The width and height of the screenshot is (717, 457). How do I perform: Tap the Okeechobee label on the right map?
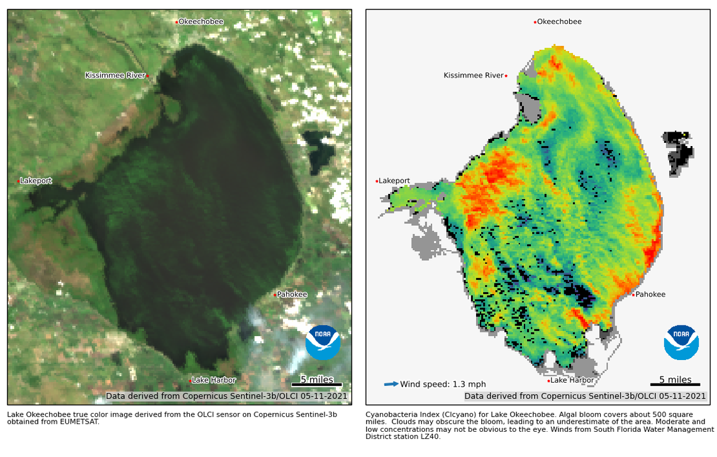[x=559, y=22]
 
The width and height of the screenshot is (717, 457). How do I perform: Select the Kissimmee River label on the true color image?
[x=115, y=76]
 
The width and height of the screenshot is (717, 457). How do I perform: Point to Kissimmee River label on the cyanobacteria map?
[x=474, y=76]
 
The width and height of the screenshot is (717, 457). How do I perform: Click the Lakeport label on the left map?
[x=36, y=181]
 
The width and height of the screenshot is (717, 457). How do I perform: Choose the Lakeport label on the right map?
[x=394, y=181]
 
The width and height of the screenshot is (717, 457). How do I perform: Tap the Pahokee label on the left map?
[x=292, y=294]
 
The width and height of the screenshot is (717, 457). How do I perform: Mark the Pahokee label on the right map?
[x=650, y=294]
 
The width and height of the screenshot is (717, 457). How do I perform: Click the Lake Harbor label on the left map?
[x=214, y=380]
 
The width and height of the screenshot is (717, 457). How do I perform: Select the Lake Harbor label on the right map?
[x=572, y=380]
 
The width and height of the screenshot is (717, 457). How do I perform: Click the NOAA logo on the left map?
[x=323, y=342]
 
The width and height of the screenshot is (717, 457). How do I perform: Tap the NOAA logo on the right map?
[x=681, y=342]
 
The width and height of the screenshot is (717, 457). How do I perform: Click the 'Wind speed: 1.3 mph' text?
[x=443, y=385]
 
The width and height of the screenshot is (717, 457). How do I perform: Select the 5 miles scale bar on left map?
[x=316, y=384]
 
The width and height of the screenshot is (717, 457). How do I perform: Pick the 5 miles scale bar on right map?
[x=675, y=384]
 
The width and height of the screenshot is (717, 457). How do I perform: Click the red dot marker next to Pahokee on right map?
[x=633, y=295]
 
